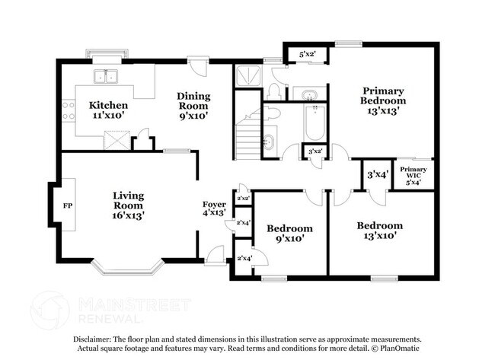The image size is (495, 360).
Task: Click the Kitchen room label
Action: click(108, 110)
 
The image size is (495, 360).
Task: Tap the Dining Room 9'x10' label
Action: click(193, 106)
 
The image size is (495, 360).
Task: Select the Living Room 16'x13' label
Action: click(128, 205)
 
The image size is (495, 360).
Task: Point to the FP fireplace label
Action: click(68, 205)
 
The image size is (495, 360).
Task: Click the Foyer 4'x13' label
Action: click(214, 209)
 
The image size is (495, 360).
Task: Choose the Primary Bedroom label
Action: click(383, 101)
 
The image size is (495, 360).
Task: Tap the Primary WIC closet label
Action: click(414, 175)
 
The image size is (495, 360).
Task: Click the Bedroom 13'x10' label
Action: click(380, 231)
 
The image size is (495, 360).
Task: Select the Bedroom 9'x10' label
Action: click(290, 233)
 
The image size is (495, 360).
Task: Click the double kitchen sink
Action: click(106, 77)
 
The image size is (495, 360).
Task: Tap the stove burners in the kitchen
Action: click(69, 111)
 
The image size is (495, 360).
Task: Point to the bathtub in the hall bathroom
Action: click(315, 123)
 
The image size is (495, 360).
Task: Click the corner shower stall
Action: click(248, 75)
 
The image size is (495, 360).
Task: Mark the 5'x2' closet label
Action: click(308, 54)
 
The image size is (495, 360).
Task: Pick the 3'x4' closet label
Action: click(378, 174)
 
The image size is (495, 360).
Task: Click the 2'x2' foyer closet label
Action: click(244, 199)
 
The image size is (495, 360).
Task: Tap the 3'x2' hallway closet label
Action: click(315, 151)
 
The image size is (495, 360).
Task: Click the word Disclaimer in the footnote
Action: click(92, 339)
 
